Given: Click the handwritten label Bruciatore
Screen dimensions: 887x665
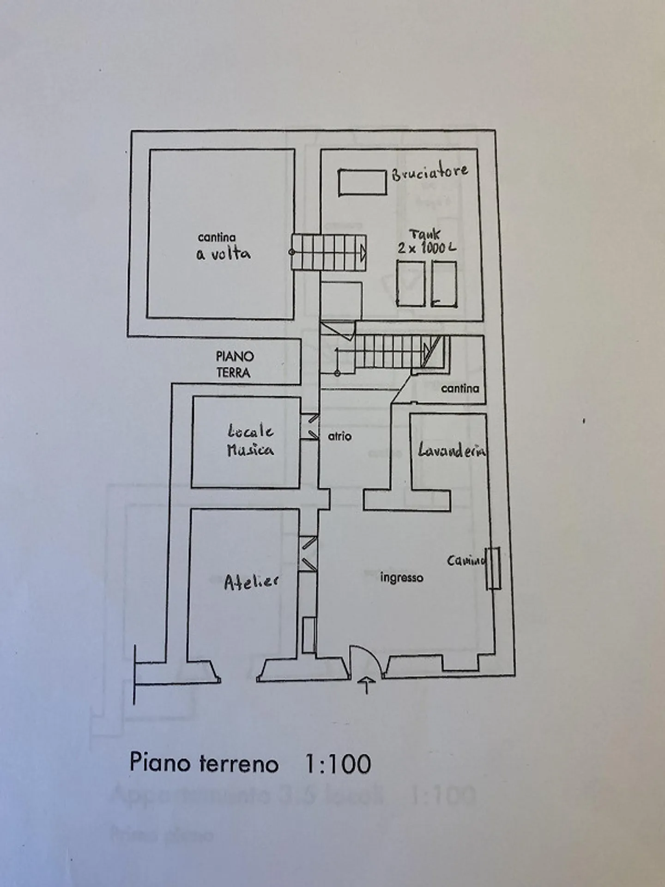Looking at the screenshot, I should tap(429, 172).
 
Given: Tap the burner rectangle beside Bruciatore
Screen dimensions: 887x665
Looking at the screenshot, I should tap(362, 182).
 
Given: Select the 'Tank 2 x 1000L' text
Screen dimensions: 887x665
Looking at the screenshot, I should tap(427, 241).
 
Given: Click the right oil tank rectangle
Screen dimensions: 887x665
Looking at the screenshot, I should tap(444, 283).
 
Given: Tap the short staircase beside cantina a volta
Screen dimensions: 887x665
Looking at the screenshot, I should tap(329, 252).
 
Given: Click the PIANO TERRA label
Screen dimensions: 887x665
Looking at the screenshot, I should tap(235, 364).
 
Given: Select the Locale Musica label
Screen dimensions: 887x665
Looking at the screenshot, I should tap(250, 441).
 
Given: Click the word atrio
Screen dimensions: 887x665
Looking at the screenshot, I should tap(339, 436).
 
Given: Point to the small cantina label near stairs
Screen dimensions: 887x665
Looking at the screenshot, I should tap(459, 388).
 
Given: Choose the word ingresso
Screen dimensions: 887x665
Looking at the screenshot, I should tap(401, 577).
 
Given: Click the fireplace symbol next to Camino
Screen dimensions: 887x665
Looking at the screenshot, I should tap(494, 568).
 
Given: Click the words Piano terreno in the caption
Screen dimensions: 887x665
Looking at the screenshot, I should tap(204, 762).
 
